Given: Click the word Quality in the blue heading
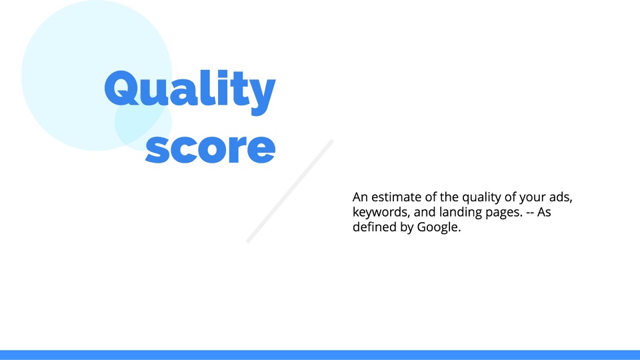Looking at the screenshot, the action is coord(190,92).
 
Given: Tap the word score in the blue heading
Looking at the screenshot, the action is coord(211,148).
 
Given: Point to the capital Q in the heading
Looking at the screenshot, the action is coord(121,89).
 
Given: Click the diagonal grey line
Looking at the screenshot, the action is coord(290,191).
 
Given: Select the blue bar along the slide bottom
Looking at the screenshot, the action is coord(320,355).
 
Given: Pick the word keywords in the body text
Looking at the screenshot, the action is coord(381,212).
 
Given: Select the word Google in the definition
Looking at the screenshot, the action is coord(439,227).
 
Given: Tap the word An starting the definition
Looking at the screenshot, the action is coord(360,197).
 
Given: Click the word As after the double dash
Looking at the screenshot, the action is coord(544,212).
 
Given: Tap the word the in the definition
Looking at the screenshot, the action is coord(449,197).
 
